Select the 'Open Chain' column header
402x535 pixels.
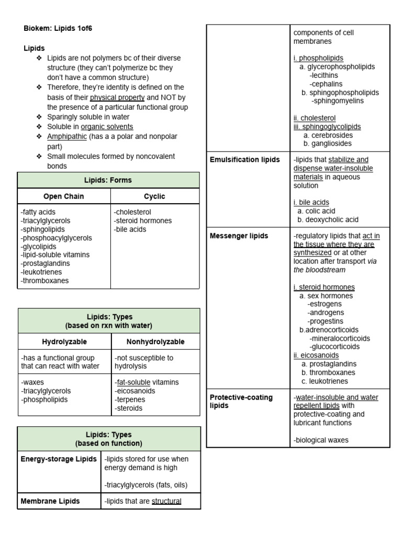pyautogui.click(x=64, y=196)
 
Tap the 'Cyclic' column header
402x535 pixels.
pyautogui.click(x=154, y=196)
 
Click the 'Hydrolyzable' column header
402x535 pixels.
pyautogui.click(x=64, y=342)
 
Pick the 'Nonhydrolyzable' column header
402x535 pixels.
pyautogui.click(x=155, y=342)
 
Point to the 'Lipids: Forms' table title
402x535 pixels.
pyautogui.click(x=108, y=180)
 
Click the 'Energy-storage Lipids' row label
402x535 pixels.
pyautogui.click(x=59, y=459)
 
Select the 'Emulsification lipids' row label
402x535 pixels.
pyautogui.click(x=244, y=159)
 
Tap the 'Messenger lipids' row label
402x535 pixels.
pyautogui.click(x=239, y=236)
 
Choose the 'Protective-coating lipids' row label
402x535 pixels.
pyautogui.click(x=241, y=401)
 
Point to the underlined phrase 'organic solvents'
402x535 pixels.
pyautogui.click(x=107, y=126)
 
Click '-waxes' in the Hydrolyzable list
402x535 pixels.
pyautogui.click(x=32, y=382)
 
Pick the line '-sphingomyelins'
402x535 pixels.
pyautogui.click(x=338, y=101)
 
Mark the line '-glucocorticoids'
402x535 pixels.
pyautogui.click(x=334, y=346)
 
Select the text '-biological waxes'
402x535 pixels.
pyautogui.click(x=321, y=440)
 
